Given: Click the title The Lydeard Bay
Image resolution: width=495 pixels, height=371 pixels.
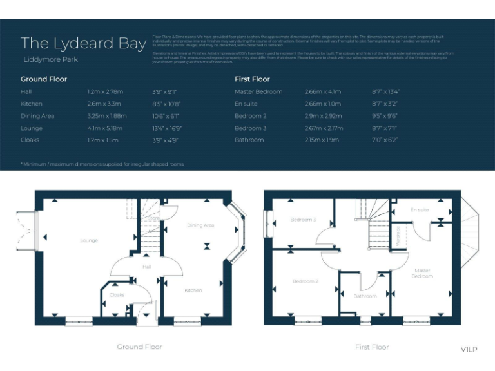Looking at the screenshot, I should pos(83,43).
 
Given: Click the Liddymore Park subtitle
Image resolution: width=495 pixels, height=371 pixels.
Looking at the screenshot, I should pos(51,60).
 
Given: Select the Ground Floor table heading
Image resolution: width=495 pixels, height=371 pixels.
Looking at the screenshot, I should pos(44,79).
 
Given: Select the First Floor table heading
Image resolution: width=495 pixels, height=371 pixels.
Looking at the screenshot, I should pos(252,79).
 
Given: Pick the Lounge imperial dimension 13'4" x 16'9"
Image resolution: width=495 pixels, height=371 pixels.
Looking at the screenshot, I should pos(166,128).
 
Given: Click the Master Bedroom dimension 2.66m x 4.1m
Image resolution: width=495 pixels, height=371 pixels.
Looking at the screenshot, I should pos(323,92).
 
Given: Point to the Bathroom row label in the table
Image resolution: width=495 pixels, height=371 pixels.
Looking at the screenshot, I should pos(249,140).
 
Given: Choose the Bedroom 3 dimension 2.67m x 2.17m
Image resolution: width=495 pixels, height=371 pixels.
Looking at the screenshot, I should pos(325,128).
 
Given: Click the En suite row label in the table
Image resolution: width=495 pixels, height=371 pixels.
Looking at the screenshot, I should pos(246,104).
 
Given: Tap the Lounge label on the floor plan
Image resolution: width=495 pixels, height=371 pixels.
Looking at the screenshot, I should pos(89,241).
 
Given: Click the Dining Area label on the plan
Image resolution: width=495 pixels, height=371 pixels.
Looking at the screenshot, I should pos(200,225).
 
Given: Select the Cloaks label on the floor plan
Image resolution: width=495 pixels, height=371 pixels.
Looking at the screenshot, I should pos(117,295).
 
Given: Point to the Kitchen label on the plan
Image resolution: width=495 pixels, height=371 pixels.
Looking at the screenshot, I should pos(193,290).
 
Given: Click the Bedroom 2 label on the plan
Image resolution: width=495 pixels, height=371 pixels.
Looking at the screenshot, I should pos(306,281).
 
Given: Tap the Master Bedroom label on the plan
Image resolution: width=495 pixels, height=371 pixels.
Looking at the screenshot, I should pos(423,273).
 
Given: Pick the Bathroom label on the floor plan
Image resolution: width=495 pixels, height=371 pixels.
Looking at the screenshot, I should pos(365,296).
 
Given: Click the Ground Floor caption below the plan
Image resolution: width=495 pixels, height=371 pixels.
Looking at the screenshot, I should pos(139,347).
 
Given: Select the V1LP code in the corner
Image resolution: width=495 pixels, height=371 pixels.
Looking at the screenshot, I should pos(469,350).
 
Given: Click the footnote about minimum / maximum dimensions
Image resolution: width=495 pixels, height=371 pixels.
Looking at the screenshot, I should pos(102,164).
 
